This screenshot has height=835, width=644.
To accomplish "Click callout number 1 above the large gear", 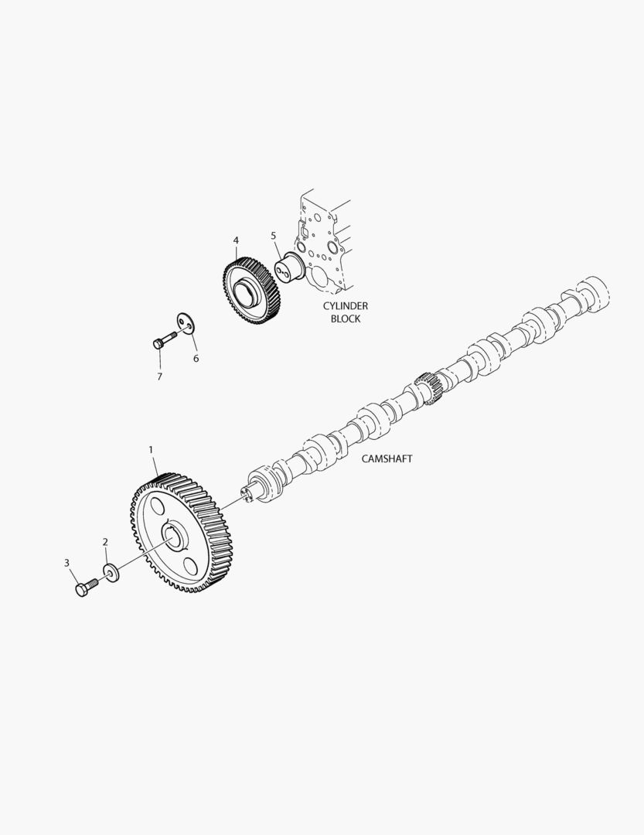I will pos(151,449).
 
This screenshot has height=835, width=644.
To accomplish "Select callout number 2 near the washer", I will pos(105,542).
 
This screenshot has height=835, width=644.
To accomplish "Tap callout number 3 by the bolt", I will pos(66,562).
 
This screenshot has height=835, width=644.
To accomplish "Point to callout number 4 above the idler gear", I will pos(236,240).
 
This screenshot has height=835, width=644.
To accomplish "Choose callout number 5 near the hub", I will pos(273,235).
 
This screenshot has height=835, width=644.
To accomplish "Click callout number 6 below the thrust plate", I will pos(196,358).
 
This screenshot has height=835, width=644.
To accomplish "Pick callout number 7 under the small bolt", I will pos(159,377).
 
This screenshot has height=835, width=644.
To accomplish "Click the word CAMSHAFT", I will pos(387,458).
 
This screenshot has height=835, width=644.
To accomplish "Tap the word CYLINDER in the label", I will pos(345,306).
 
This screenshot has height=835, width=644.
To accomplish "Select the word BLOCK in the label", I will pos(345,319).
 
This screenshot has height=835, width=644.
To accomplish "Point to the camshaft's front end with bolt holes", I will pos(252,491).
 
